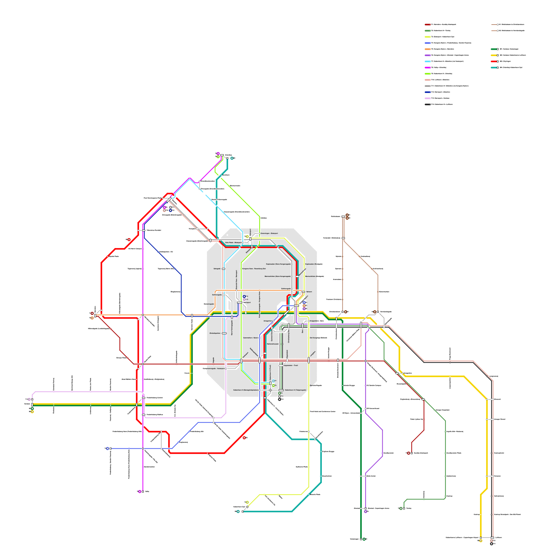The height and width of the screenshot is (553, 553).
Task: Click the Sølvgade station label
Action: [217, 269]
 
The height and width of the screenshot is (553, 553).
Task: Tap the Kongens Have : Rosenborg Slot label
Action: [254, 269]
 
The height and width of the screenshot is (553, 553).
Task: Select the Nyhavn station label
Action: [309, 292]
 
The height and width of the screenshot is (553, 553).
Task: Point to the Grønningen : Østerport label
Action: [269, 233]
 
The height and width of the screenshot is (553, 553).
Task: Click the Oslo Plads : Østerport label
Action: [233, 243]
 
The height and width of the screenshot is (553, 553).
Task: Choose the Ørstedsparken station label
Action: [215, 333]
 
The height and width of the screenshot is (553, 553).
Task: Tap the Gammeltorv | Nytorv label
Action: [251, 338]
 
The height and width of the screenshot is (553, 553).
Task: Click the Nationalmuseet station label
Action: [273, 344]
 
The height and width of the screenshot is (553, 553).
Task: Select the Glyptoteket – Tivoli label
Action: [291, 365]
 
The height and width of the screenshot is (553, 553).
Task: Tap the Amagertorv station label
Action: [268, 321]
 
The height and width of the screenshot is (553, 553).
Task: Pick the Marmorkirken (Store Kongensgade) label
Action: [278, 276]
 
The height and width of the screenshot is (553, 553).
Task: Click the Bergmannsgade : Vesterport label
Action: [214, 368]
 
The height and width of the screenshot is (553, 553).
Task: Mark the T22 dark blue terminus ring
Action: [244, 296]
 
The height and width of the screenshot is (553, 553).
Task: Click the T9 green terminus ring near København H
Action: [273, 385]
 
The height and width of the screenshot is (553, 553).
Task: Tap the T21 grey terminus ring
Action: [280, 396]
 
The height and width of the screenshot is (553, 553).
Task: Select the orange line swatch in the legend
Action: [428, 49]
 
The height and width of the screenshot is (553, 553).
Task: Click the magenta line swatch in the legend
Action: [428, 67]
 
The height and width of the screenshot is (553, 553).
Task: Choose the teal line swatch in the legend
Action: [494, 67]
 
